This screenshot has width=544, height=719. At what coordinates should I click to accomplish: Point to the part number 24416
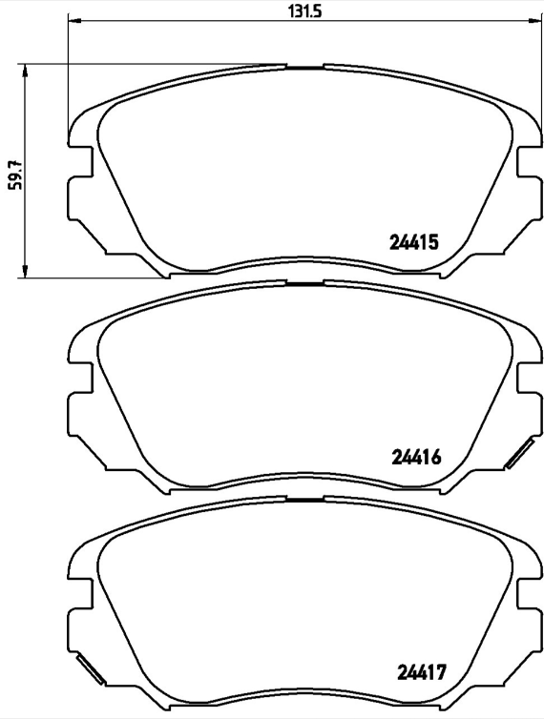click(415, 457)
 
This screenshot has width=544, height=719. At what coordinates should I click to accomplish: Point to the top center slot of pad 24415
click(305, 68)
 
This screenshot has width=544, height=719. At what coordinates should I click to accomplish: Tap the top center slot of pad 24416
click(305, 282)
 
